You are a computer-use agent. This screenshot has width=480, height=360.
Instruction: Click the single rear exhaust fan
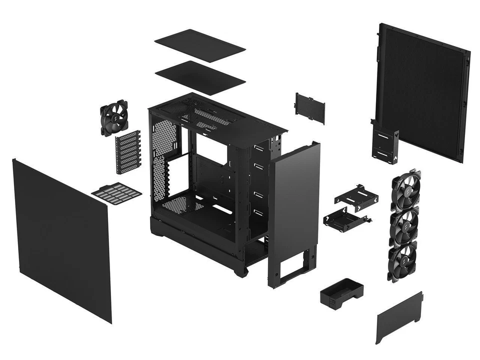pos(114,118)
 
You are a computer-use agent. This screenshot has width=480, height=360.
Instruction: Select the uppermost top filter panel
pos(199,45)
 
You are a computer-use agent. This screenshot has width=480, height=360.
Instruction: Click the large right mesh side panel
pos(422,90)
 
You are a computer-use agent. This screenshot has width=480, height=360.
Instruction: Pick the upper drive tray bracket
pos(356,194)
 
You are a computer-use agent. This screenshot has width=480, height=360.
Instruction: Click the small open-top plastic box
pos(342,291)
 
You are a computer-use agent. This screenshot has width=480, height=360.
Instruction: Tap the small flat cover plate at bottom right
pos(398,317)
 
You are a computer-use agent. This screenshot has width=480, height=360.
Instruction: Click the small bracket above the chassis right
pos(310,107)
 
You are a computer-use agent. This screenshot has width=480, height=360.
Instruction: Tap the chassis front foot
pos(241,270)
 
